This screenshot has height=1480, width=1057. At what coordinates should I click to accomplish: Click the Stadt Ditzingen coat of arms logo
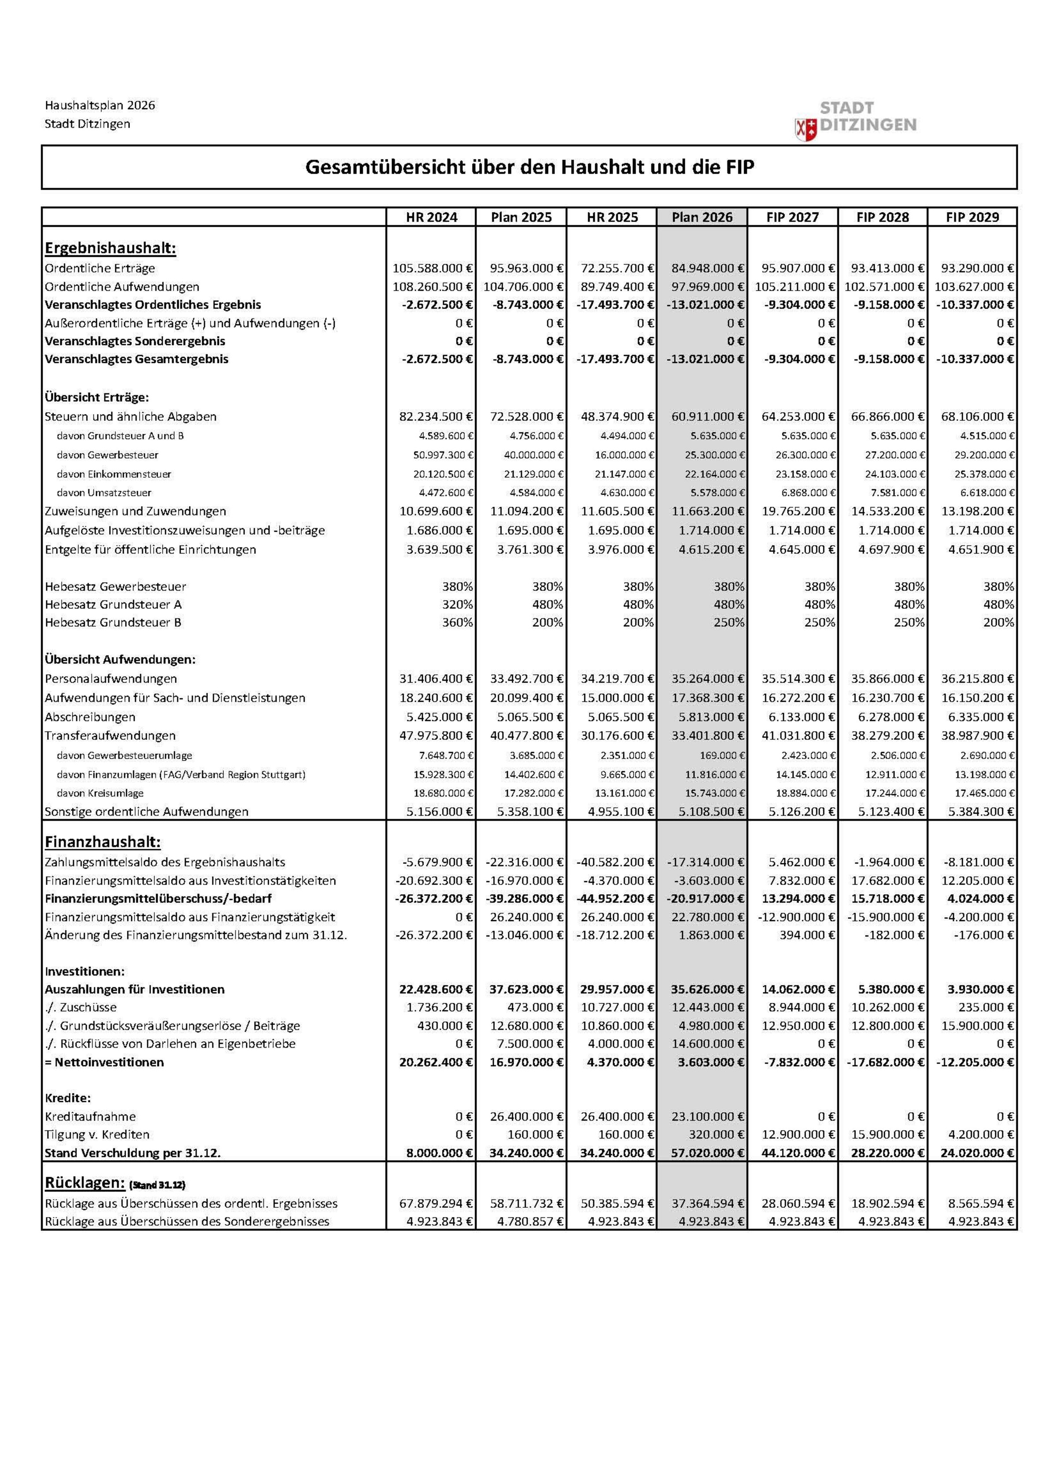[x=806, y=129]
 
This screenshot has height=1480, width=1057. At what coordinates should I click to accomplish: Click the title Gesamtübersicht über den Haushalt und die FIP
[x=529, y=167]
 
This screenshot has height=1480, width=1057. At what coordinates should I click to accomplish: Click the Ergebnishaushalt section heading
[x=110, y=248]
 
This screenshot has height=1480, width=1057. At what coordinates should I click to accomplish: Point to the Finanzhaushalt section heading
[x=102, y=842]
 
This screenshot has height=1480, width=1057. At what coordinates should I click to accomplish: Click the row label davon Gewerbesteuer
[x=107, y=455]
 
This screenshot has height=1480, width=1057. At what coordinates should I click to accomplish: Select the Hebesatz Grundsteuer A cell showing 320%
[x=458, y=604]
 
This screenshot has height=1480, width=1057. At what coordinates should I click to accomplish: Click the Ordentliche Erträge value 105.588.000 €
[x=432, y=268]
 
